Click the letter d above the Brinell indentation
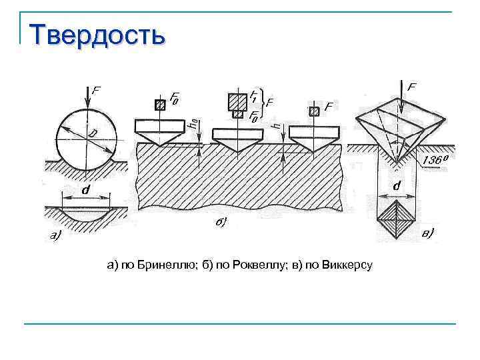tap(85, 189)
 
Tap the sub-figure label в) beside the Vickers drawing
tap(429, 233)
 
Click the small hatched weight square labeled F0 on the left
tap(159, 105)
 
